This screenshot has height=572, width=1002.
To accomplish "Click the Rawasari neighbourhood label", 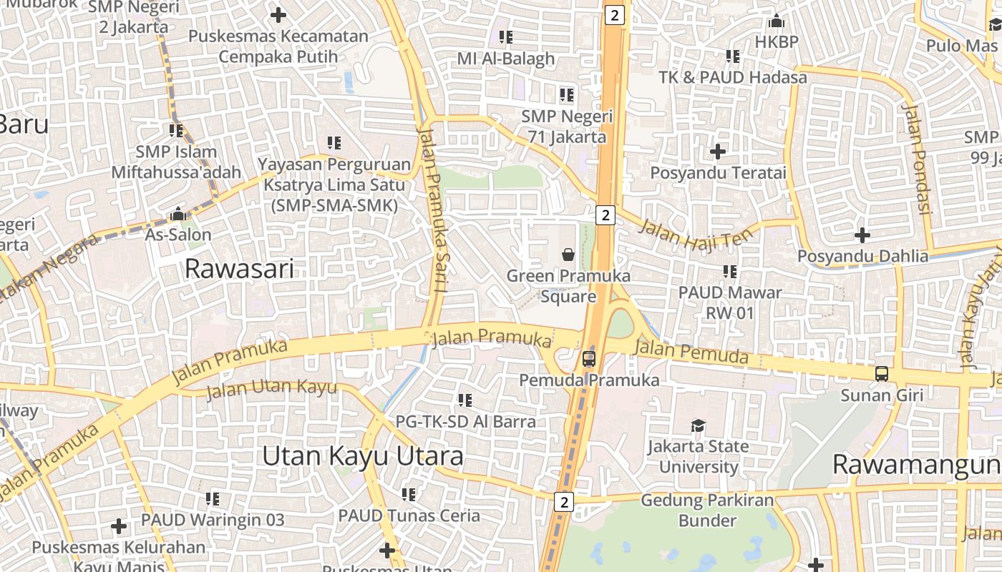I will [x=239, y=269].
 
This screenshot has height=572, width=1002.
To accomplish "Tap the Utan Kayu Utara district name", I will [x=362, y=456].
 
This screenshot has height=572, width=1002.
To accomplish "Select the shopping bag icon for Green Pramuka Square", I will [x=568, y=254].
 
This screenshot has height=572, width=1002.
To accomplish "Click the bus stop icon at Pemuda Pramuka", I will [x=588, y=359].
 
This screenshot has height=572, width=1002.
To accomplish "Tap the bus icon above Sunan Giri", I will [x=882, y=374].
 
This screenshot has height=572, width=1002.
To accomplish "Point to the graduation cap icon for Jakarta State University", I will [x=698, y=426].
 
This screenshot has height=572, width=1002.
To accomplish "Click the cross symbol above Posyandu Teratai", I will [x=718, y=152].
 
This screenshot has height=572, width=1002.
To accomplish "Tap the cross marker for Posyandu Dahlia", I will [x=862, y=235].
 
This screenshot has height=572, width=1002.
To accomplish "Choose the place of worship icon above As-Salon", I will [x=178, y=214].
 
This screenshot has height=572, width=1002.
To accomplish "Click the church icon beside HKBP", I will [x=776, y=21].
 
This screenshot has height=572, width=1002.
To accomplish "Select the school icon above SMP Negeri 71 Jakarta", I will [x=567, y=95].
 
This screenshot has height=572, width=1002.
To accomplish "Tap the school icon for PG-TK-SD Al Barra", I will [x=465, y=400].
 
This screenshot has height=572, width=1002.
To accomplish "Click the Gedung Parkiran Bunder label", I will [x=707, y=510].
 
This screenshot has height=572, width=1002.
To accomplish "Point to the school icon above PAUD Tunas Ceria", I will [x=409, y=494].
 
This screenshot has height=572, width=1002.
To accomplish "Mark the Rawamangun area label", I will [x=916, y=465].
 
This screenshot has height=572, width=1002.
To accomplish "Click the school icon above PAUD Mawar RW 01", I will [x=729, y=272].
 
